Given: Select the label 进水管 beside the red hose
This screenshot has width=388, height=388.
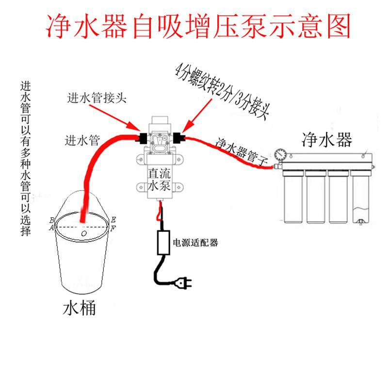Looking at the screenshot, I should [x=82, y=141].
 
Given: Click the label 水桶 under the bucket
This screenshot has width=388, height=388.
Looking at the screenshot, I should [x=79, y=309].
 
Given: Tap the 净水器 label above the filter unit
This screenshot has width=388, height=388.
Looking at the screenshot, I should [x=326, y=140].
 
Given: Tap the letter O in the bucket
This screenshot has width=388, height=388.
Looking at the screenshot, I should [x=84, y=234].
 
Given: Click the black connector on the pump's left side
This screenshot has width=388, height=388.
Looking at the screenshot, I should [x=143, y=138].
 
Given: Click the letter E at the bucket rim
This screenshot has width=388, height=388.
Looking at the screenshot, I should [x=113, y=219].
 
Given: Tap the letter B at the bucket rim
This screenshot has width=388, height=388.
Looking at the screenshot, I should [x=52, y=220].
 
